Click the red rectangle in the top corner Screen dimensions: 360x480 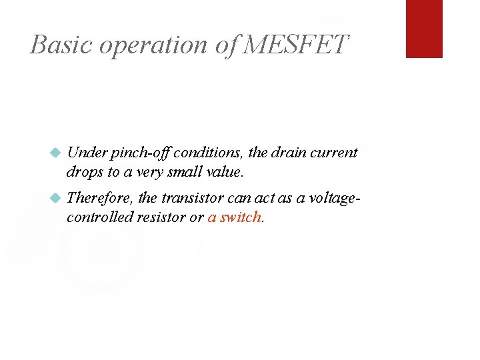[424, 29]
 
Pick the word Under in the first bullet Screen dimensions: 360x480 [87, 153]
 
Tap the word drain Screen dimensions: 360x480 [289, 153]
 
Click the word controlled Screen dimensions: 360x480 [100, 217]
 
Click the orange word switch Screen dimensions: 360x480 [241, 217]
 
